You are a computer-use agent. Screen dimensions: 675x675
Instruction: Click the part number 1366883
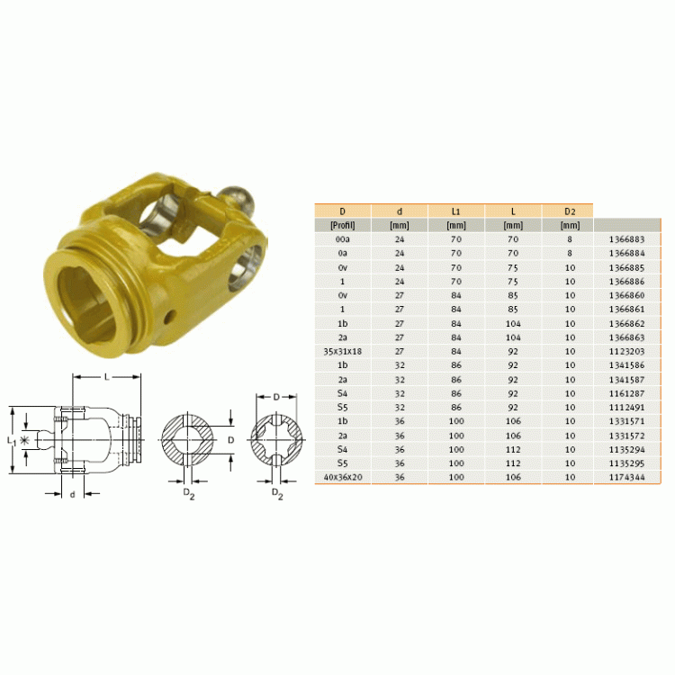(x=626, y=239)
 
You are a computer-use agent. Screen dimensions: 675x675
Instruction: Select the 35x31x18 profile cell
(x=343, y=351)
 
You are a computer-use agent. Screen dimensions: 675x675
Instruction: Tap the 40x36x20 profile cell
(x=343, y=477)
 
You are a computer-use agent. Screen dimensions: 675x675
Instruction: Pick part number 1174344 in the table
(x=626, y=477)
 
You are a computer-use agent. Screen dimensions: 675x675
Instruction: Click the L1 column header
(x=456, y=211)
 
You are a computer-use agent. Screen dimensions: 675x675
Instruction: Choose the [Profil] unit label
(x=343, y=225)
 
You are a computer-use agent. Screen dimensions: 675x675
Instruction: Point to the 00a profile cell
(x=343, y=239)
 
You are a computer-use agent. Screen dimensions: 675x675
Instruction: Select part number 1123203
(x=626, y=351)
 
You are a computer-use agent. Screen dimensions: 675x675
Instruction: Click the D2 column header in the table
(x=570, y=211)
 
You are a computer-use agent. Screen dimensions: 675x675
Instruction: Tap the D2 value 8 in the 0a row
(x=570, y=253)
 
